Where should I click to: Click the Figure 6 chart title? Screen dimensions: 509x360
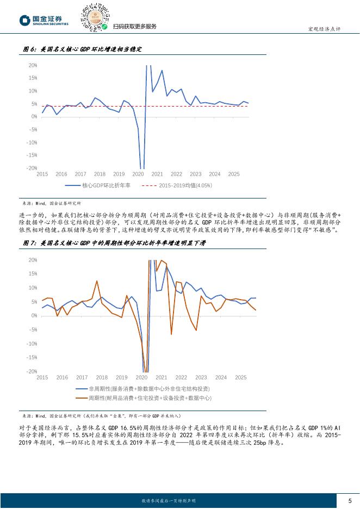tap(83, 49)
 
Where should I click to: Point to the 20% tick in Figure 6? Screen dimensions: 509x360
tap(33, 65)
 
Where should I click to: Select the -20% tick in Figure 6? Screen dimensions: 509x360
tap(32, 168)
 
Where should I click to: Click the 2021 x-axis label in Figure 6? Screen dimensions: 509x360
tap(157, 174)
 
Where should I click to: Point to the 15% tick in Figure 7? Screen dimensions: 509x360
tap(33, 274)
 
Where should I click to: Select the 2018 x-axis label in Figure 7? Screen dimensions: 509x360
tap(102, 377)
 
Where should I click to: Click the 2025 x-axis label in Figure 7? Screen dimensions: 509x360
tap(240, 377)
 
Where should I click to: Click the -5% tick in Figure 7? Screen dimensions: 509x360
tap(33, 330)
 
